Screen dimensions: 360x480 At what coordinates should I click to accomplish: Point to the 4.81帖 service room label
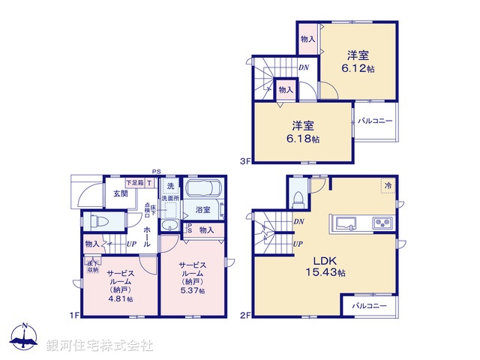(120, 285)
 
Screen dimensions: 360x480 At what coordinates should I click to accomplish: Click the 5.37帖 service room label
(192, 277)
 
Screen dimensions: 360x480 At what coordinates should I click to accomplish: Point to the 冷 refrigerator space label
(388, 184)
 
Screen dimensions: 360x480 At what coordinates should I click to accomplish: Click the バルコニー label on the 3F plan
(375, 121)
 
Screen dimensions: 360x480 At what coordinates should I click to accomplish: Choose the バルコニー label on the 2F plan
(369, 306)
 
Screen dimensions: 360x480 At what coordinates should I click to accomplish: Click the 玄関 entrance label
(121, 193)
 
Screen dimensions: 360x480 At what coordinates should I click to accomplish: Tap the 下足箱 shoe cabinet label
(135, 182)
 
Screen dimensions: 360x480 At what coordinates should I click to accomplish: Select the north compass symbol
(24, 337)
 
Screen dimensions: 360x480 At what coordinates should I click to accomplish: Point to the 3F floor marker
(244, 159)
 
